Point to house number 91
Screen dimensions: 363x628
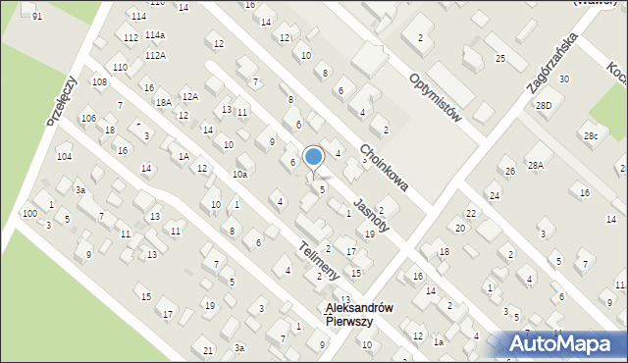point(37,18)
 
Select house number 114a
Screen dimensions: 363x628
point(155,35)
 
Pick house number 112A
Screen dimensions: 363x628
point(154,56)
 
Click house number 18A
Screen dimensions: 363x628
point(164,101)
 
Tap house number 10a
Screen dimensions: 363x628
point(239,174)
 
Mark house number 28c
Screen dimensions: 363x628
point(590,135)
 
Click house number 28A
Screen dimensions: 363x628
point(535,166)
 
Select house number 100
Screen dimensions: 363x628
point(29,213)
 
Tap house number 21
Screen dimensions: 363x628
point(208,350)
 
